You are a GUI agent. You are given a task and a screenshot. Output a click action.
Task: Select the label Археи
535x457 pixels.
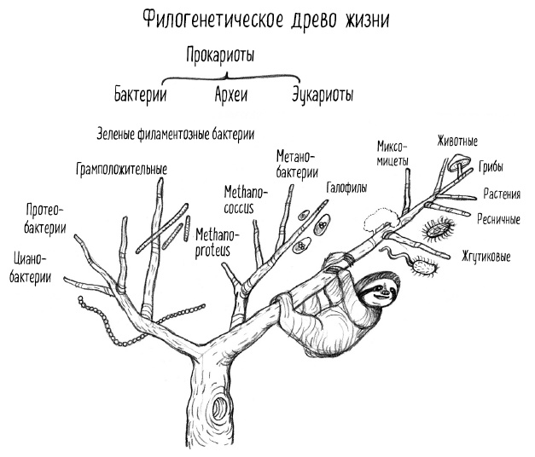coord(230,94)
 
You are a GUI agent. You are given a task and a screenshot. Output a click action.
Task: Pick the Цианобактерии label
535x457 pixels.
coord(31,266)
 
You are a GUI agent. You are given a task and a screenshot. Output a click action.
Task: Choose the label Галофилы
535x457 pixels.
coord(346,186)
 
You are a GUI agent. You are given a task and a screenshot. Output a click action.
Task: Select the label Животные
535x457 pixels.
coord(456,141)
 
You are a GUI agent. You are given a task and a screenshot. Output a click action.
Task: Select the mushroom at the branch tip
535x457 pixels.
coord(460,161)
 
